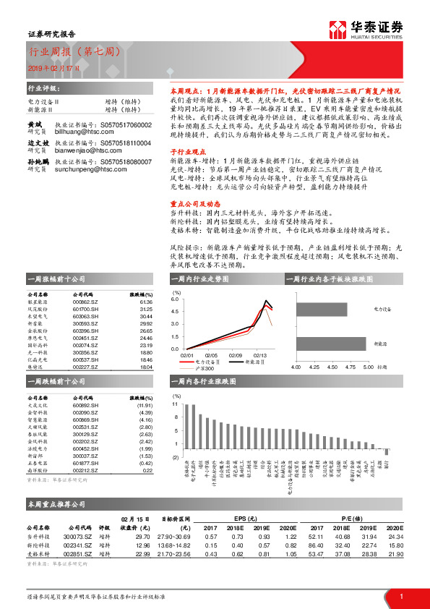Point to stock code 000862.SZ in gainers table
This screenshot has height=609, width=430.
[86, 302]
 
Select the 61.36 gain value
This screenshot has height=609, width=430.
[146, 302]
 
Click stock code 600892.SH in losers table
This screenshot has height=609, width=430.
[86, 406]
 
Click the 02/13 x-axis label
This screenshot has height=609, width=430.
[259, 355]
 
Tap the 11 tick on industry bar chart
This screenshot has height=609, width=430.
[175, 405]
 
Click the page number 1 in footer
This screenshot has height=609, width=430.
[400, 596]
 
